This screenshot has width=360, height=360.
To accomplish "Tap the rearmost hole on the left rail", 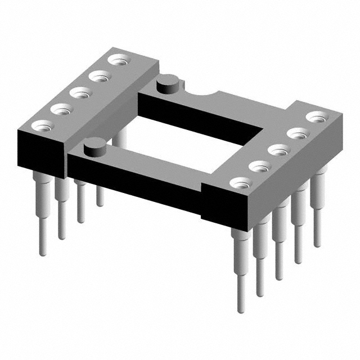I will (x=118, y=60).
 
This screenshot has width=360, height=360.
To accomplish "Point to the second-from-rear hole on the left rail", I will (x=99, y=76).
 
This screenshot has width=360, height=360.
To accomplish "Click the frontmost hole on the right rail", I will (x=241, y=183).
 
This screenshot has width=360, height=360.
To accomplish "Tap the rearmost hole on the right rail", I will (x=317, y=117).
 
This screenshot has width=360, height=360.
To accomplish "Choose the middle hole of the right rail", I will (x=279, y=150).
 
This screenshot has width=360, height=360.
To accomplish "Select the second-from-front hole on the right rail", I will (x=260, y=166).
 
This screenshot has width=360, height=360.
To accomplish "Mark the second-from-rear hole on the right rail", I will (x=298, y=133).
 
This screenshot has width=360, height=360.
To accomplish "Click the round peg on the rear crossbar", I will (x=168, y=86).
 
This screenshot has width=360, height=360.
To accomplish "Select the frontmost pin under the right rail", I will (x=241, y=270).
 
